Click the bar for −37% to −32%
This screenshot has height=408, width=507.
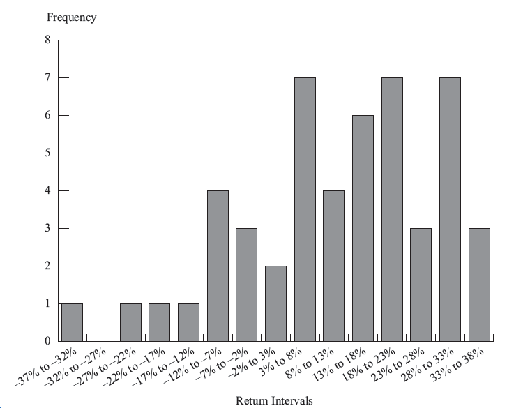tap(72, 322)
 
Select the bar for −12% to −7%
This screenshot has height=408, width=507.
tap(218, 266)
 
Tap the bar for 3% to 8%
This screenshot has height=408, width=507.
tap(305, 209)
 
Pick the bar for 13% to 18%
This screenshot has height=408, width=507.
tap(363, 228)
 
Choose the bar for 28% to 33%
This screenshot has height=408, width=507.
tap(450, 209)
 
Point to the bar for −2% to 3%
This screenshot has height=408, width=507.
tap(275, 303)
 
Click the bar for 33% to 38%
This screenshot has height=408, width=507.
tap(479, 285)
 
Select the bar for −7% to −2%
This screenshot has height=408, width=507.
tap(246, 285)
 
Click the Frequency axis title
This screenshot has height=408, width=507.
tap(71, 18)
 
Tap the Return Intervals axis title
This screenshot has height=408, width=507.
tap(274, 400)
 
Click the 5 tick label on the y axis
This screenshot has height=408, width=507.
tap(47, 153)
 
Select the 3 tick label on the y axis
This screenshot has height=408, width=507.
tap(47, 228)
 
